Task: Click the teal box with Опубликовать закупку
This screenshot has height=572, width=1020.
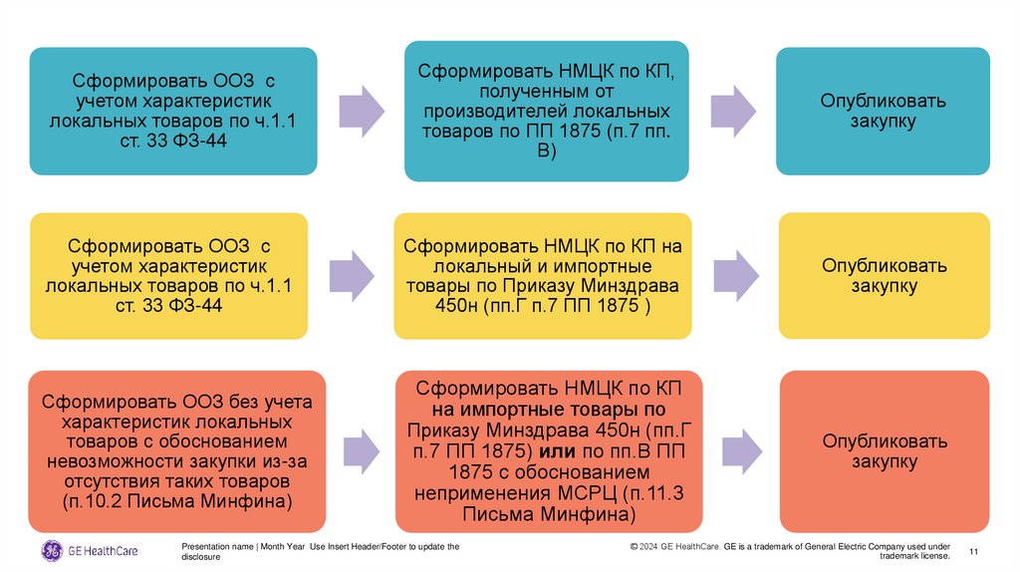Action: tap(883, 111)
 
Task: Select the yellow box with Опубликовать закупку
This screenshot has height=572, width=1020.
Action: tap(884, 276)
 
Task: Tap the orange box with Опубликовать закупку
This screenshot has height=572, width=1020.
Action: tap(884, 451)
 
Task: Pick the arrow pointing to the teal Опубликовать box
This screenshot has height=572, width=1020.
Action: tap(732, 111)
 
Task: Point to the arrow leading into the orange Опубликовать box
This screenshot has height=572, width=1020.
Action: tap(737, 451)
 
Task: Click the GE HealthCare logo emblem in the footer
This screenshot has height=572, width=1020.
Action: tap(51, 551)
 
